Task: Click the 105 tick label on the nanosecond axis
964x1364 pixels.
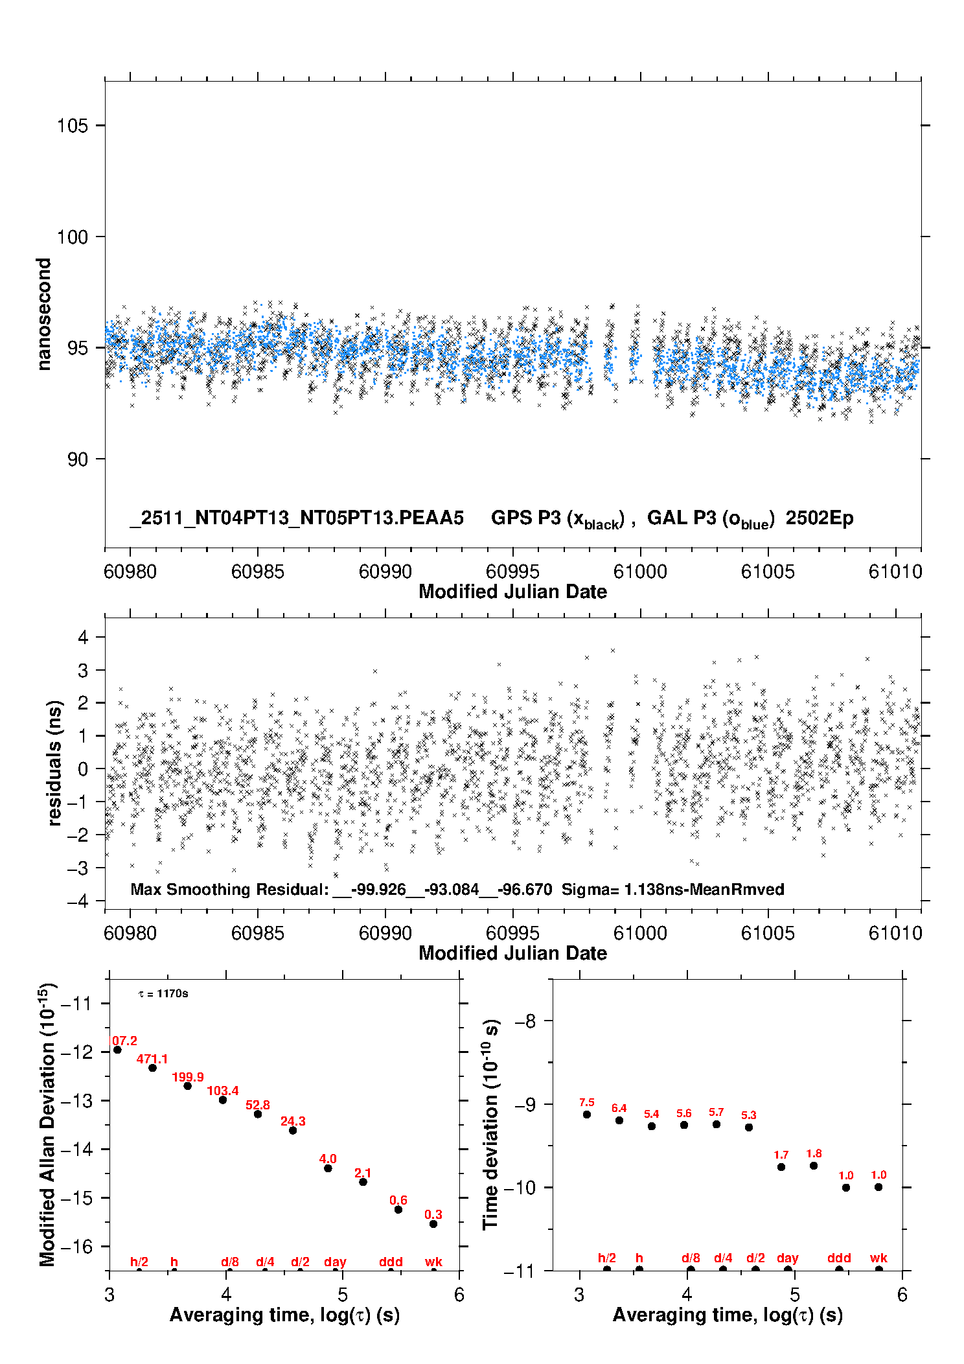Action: tap(72, 125)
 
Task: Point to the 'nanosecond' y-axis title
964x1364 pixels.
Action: tap(43, 314)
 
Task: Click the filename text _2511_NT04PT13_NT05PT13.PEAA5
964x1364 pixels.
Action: tap(297, 518)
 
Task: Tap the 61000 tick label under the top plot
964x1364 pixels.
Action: tap(640, 572)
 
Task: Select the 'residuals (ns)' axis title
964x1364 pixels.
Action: tap(54, 763)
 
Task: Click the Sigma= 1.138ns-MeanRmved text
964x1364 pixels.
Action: tap(672, 889)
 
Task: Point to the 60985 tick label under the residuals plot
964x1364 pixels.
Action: tap(257, 933)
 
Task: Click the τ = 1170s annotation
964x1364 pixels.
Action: tap(163, 994)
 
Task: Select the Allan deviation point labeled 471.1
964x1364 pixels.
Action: tap(152, 1068)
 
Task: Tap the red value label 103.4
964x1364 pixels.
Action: tap(222, 1091)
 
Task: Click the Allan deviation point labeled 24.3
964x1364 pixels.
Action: tap(293, 1130)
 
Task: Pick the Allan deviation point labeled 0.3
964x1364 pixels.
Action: tap(433, 1224)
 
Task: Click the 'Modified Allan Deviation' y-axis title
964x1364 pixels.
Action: tap(47, 1124)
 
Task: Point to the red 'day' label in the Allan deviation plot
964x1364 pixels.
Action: tap(335, 1262)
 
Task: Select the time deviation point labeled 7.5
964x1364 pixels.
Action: tap(587, 1115)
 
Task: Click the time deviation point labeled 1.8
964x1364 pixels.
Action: tap(814, 1166)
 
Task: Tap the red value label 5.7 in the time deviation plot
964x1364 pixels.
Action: tap(716, 1112)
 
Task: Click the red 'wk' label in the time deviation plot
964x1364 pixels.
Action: tap(878, 1258)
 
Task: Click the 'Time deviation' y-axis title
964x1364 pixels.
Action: tap(490, 1124)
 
